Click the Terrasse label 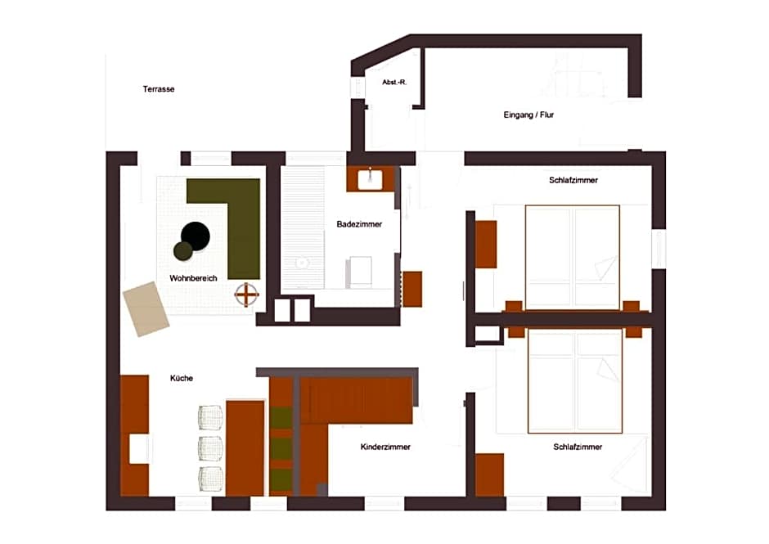[x=159, y=89]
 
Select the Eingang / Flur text [x=528, y=115]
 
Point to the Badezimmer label [x=359, y=224]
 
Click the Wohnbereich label [x=193, y=279]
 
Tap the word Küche [x=182, y=379]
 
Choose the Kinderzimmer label [x=385, y=447]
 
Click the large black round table [x=196, y=236]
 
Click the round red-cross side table [x=247, y=294]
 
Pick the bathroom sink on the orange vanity [x=371, y=178]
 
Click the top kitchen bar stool [x=210, y=417]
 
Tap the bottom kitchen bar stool [x=210, y=478]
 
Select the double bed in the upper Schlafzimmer [x=572, y=257]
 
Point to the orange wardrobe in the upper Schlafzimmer [x=486, y=245]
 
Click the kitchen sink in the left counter [x=138, y=449]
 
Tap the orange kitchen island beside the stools [x=245, y=447]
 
